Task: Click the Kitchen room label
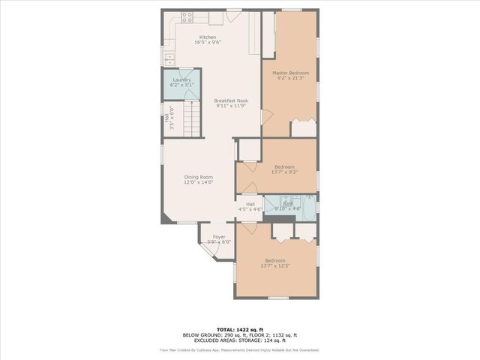click(x=207, y=37)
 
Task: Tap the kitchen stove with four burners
click(x=187, y=16)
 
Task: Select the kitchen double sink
click(x=169, y=58)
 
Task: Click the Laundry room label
click(x=181, y=79)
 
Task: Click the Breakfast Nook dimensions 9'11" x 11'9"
click(x=230, y=106)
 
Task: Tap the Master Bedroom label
click(x=290, y=73)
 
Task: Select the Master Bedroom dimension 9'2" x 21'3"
click(x=290, y=78)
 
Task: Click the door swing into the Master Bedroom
click(x=265, y=116)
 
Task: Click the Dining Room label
click(x=199, y=177)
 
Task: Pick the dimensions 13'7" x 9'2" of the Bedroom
click(x=284, y=172)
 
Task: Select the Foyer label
click(x=219, y=237)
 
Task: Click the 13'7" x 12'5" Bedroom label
click(x=274, y=260)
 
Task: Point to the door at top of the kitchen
click(x=233, y=16)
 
